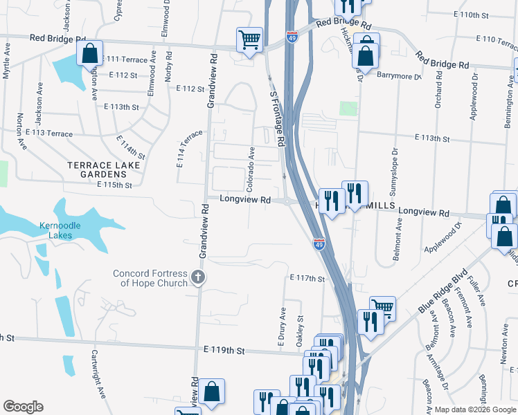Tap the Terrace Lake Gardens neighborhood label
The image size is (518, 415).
point(103,169)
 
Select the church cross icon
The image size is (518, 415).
point(198,278)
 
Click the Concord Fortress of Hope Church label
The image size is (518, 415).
point(150,278)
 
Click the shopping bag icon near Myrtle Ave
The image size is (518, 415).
point(89,53)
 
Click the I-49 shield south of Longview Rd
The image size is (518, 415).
point(319,244)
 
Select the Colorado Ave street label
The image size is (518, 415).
point(251,169)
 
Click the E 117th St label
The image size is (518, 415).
point(307,278)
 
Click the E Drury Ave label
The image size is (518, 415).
point(283,328)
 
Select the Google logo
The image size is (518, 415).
point(23,407)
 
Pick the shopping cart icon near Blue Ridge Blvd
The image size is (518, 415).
point(382,307)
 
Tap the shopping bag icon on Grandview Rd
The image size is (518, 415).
point(213,390)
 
